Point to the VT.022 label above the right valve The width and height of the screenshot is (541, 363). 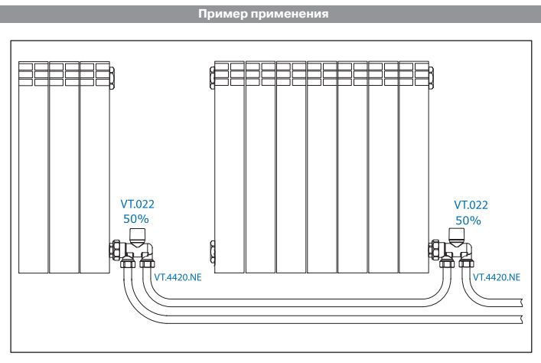pyautogui.click(x=471, y=204)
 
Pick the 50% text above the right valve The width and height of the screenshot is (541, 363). pyautogui.click(x=469, y=220)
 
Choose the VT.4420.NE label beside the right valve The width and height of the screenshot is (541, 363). pyautogui.click(x=497, y=276)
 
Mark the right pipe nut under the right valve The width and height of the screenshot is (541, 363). pyautogui.click(x=465, y=265)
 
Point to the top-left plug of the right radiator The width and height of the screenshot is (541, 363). pyautogui.click(x=211, y=75)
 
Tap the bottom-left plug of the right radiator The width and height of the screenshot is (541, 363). pyautogui.click(x=211, y=250)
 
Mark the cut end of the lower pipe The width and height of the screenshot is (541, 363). pyautogui.click(x=523, y=318)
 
